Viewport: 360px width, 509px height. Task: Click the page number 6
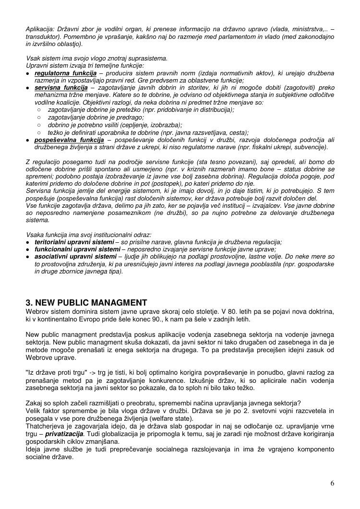332,484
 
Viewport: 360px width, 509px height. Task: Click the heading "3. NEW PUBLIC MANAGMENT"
86,303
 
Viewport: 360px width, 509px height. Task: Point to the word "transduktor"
42,36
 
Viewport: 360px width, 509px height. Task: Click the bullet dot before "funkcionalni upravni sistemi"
28,250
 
